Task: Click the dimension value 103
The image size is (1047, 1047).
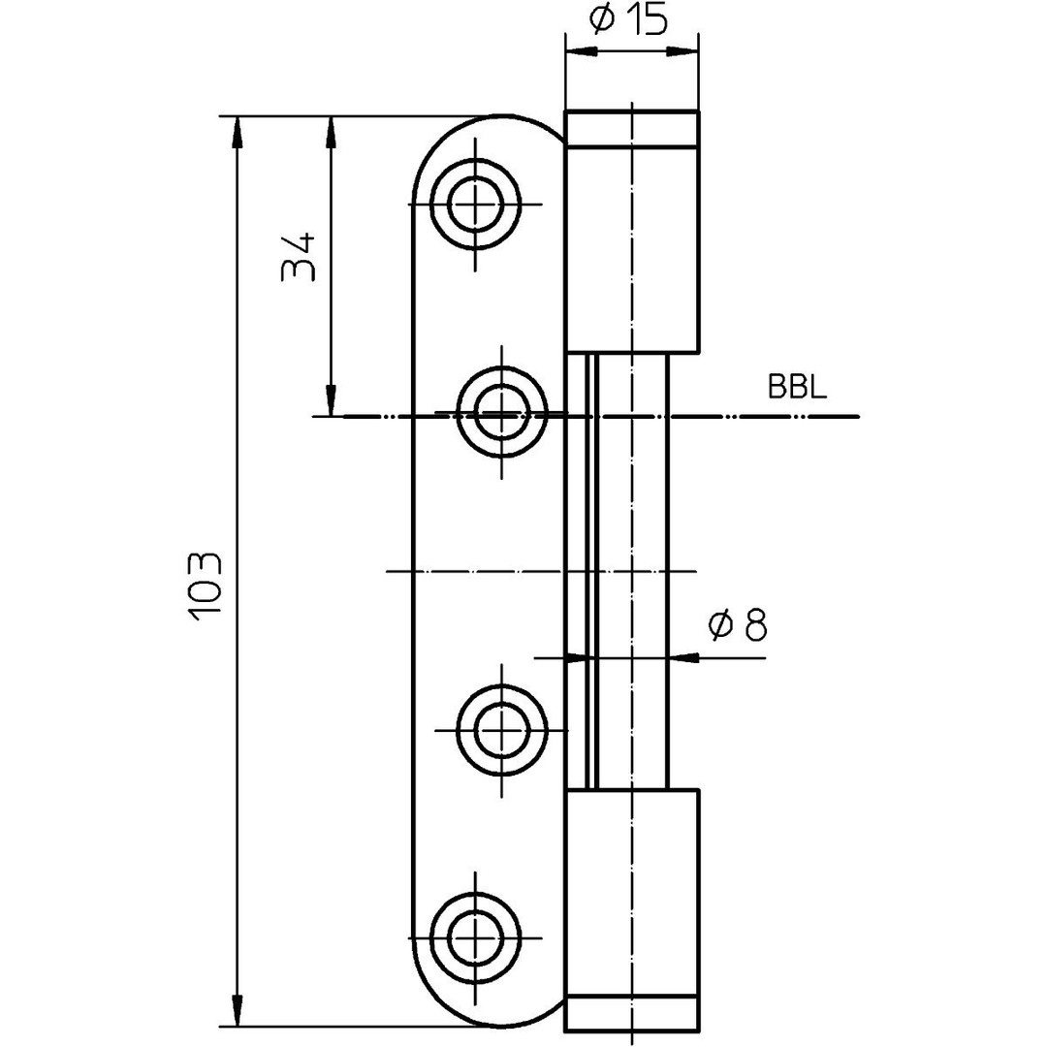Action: pos(206,587)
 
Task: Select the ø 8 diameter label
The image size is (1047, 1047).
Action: pos(739,626)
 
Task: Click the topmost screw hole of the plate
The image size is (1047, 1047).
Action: pos(475,205)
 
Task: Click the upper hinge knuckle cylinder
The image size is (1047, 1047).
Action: pos(631,247)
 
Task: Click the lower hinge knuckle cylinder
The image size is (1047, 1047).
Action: pos(631,892)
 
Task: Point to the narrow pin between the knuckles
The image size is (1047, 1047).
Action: pos(631,572)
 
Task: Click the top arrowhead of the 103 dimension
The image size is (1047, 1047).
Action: pos(235,130)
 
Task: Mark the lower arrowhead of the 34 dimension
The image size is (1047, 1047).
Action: pos(331,401)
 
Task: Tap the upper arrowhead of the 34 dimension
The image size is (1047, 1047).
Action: pos(331,130)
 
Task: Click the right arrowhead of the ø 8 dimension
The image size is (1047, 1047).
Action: pos(682,657)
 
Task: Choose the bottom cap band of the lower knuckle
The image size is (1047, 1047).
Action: pos(631,1012)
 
